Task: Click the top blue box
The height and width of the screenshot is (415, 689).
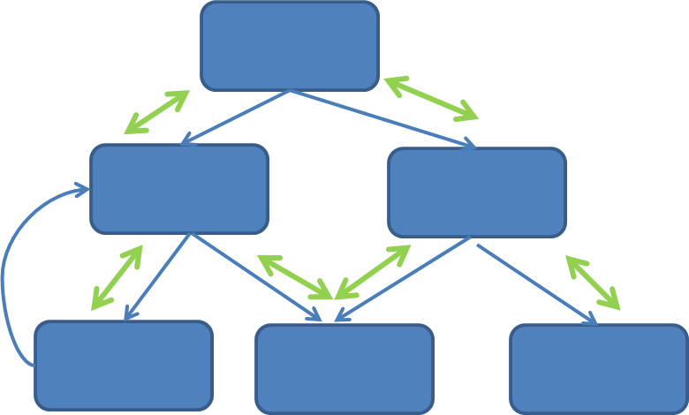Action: tap(290, 46)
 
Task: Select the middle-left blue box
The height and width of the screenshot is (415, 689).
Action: tap(179, 189)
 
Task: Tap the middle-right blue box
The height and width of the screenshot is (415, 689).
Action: tap(477, 192)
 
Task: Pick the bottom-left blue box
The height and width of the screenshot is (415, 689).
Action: tap(124, 366)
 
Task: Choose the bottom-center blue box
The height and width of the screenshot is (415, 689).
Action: tap(344, 369)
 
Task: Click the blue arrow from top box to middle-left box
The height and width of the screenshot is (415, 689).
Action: tap(235, 117)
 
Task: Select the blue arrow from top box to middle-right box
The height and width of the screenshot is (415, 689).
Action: tap(382, 118)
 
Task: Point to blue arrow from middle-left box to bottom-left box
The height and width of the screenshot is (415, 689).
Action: tap(157, 276)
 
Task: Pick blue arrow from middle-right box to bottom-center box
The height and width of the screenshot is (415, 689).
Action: tap(402, 279)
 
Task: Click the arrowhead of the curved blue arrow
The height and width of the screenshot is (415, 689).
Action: tap(82, 189)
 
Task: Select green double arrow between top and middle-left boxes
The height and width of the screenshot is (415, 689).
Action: tap(157, 112)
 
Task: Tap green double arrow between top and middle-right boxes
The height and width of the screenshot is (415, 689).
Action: tap(431, 98)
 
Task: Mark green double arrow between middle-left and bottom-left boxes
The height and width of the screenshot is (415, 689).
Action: tap(117, 278)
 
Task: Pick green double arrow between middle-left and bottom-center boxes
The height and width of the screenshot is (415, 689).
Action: tap(294, 276)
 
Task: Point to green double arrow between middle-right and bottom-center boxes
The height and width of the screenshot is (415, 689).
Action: tap(373, 272)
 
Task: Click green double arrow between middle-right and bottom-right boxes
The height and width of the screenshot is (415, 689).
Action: tap(593, 283)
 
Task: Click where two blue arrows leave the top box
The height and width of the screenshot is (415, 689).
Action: tap(290, 91)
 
